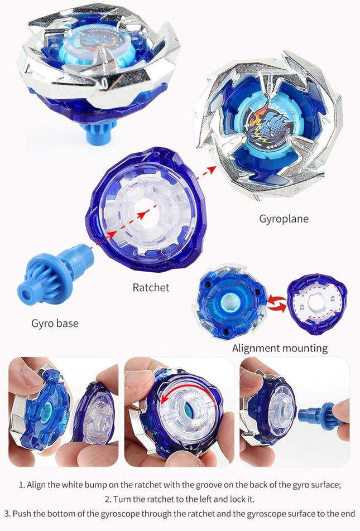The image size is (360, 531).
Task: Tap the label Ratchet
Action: coord(151,288)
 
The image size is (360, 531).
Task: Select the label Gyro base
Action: coord(55,323)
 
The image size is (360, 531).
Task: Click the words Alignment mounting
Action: coord(280,348)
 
